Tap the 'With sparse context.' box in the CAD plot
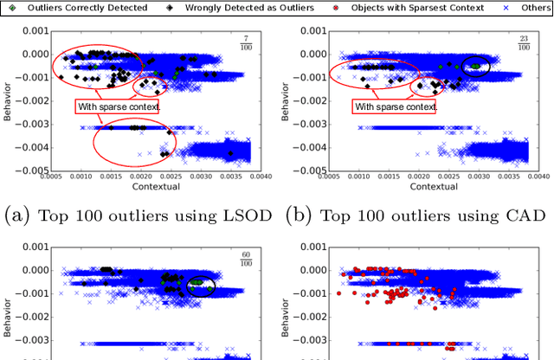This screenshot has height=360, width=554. (394, 107)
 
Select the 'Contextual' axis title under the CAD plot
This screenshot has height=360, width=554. (429, 186)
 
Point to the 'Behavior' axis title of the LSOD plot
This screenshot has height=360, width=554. (8, 100)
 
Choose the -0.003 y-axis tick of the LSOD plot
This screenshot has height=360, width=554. (32, 127)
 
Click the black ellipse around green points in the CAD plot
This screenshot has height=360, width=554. (475, 65)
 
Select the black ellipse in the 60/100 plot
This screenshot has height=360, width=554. (201, 283)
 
